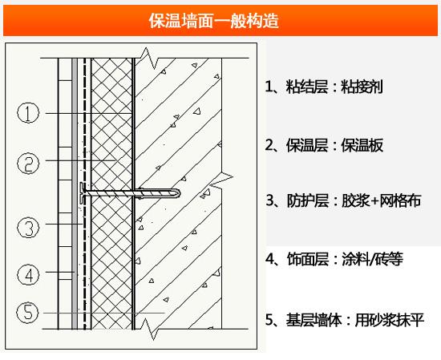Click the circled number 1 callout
pyautogui.click(x=28, y=113)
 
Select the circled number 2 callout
pyautogui.click(x=28, y=164)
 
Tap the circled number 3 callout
pyautogui.click(x=28, y=228)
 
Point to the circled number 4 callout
pyautogui.click(x=28, y=275)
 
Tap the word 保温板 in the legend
pyautogui.click(x=362, y=145)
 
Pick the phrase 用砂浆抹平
pyautogui.click(x=393, y=319)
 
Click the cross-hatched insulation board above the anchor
pyautogui.click(x=111, y=120)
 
